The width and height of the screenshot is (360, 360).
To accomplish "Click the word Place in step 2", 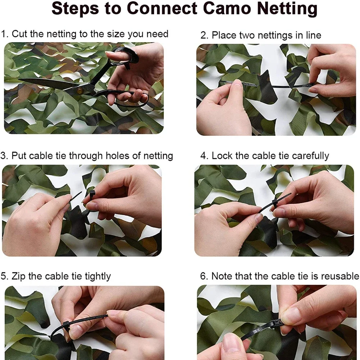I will point(223,35).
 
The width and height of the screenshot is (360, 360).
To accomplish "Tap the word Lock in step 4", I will point(221,156).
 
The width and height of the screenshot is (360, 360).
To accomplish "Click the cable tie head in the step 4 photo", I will point(275,203).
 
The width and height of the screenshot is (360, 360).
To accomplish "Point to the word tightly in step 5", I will point(98,276).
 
